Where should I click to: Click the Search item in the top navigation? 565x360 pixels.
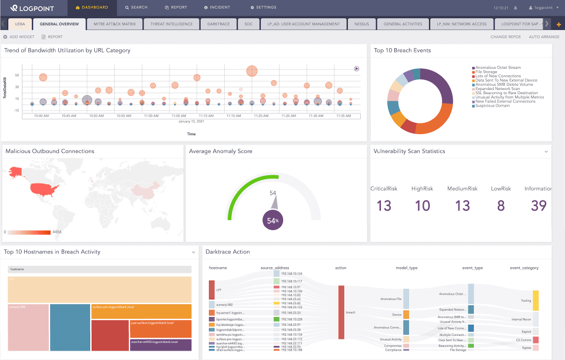point(136,8)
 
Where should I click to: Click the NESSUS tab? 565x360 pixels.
point(362,24)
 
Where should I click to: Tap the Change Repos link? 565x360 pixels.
point(506,36)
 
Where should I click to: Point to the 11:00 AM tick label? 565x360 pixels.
point(151,116)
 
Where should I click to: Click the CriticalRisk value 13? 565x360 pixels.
point(384,206)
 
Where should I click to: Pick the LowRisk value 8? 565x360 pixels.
point(501,206)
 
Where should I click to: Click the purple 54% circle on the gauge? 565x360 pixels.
point(272,220)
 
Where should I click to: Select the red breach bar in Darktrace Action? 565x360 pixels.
point(341,312)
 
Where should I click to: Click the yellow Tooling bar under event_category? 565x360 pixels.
point(536,300)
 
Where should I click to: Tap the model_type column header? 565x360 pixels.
point(407,268)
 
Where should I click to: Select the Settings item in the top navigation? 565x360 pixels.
point(263,8)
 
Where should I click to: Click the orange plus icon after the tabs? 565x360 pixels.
point(558,24)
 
